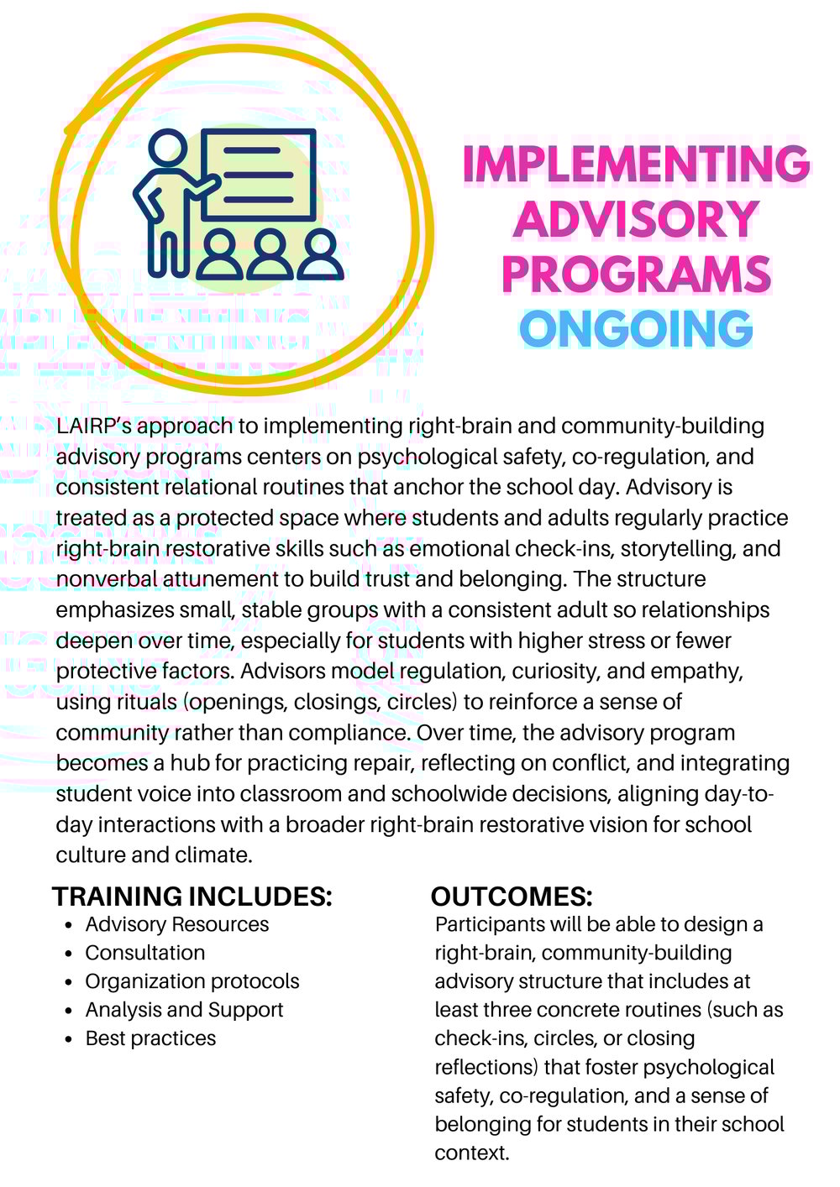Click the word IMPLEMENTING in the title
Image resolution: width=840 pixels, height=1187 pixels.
point(636,165)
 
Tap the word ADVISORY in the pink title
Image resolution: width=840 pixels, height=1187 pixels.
point(636,219)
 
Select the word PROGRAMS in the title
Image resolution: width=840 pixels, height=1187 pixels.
point(636,275)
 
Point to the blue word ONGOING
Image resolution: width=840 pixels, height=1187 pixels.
point(636,329)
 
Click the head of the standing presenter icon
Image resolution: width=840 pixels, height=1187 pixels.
point(165,149)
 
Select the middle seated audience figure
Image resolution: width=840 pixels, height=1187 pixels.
point(270,254)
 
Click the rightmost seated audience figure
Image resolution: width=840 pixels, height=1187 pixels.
point(320,254)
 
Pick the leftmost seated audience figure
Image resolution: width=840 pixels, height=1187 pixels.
point(221,254)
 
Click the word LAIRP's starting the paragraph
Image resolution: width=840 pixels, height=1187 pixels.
point(93,426)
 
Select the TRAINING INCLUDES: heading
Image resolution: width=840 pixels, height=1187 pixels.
point(192,897)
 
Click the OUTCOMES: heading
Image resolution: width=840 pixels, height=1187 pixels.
point(512,897)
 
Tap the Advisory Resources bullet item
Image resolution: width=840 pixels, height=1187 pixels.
point(177,924)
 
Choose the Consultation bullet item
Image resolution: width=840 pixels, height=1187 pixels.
point(145,953)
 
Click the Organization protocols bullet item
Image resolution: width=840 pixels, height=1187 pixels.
point(192,981)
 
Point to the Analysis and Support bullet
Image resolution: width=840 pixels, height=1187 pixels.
point(185,1010)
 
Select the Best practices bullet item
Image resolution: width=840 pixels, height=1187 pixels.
point(151,1038)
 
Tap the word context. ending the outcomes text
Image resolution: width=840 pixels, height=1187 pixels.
point(472,1153)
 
